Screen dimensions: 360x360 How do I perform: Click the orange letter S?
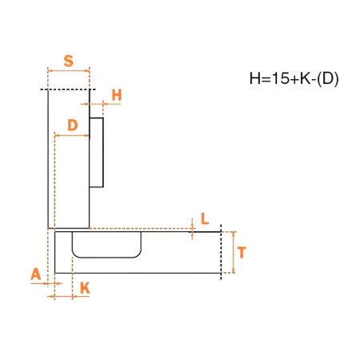[69, 61]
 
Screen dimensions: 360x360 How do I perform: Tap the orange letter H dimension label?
[117, 95]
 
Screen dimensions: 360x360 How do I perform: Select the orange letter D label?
[73, 125]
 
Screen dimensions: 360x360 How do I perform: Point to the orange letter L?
[205, 219]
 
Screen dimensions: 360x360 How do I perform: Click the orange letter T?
[242, 253]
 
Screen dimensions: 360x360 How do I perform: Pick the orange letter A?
[36, 274]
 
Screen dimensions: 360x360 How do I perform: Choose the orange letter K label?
[85, 288]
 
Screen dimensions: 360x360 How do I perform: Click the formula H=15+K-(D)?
[294, 78]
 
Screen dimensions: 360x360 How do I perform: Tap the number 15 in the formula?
[280, 78]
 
